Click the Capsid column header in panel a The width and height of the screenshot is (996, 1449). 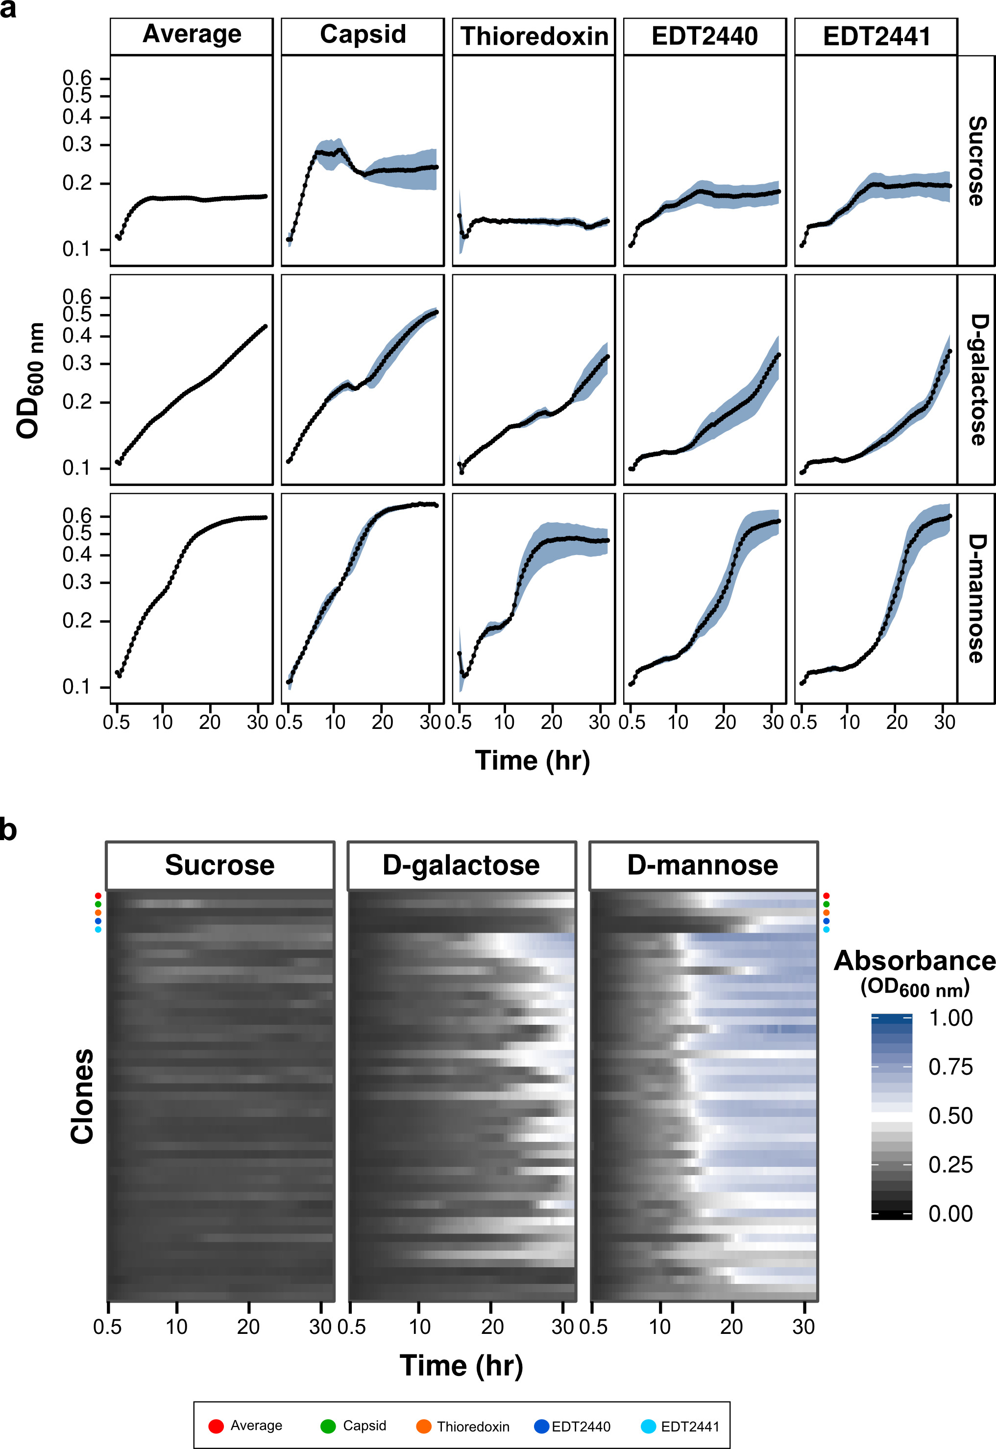pos(363,35)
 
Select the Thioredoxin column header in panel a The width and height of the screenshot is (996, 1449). pos(534,37)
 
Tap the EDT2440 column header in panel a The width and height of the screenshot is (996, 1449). pos(704,36)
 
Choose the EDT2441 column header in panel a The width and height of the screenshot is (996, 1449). pos(876,37)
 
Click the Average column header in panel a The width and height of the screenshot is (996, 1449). pos(192,34)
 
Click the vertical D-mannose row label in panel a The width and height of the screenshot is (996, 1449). pos(977,598)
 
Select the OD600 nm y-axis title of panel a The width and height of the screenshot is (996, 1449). pos(29,381)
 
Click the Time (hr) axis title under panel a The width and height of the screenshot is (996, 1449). pos(533,761)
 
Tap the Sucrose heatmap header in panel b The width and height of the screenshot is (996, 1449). pos(219,866)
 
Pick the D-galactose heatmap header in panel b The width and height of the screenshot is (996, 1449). pos(461,866)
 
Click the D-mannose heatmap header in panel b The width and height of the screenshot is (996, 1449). pos(703,866)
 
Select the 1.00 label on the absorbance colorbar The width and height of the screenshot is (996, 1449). pos(950,1018)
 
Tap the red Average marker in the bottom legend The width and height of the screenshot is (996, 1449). pos(216,1426)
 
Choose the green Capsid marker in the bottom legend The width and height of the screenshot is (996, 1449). pos(328,1426)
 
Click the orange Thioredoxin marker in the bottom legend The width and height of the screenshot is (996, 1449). pos(424,1426)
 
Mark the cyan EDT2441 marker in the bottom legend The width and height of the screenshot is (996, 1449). pos(648,1426)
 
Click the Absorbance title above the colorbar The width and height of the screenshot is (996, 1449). pos(914,961)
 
